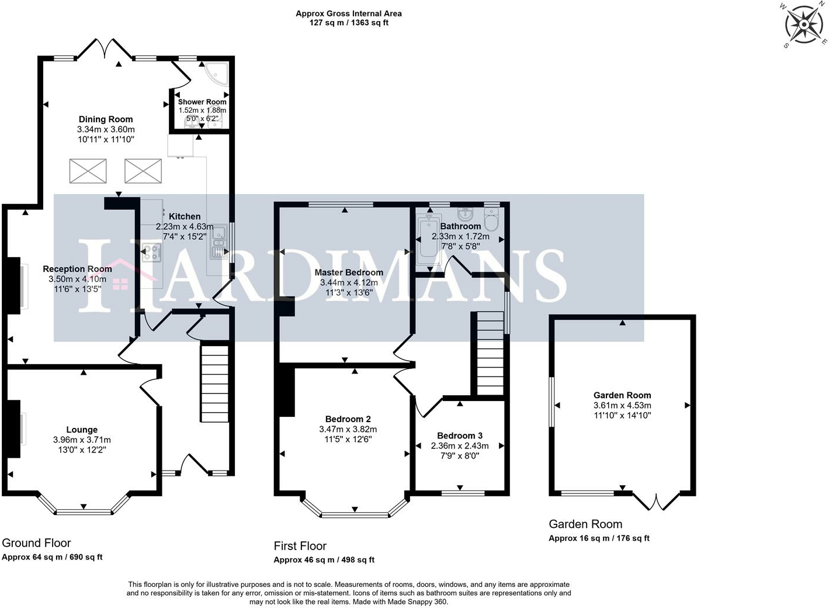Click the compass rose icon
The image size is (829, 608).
click(x=803, y=25)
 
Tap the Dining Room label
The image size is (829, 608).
click(x=106, y=119)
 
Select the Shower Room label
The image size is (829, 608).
click(x=202, y=102)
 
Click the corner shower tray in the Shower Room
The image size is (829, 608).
click(x=217, y=75)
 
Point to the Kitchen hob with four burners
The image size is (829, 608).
click(x=152, y=252)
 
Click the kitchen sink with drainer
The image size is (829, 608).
click(x=219, y=241)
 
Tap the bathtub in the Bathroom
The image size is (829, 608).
click(x=429, y=240)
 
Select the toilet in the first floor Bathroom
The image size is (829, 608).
click(x=491, y=219)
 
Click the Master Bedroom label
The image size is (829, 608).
click(x=349, y=272)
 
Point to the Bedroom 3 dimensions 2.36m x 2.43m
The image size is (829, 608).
click(x=460, y=446)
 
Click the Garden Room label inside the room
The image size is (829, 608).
click(x=622, y=395)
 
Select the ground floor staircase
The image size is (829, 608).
click(x=214, y=384)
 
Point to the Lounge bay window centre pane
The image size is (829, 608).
click(x=84, y=512)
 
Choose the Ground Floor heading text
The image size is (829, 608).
click(x=36, y=543)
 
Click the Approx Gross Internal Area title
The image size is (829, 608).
click(x=349, y=13)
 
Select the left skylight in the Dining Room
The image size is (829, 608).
click(x=88, y=171)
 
